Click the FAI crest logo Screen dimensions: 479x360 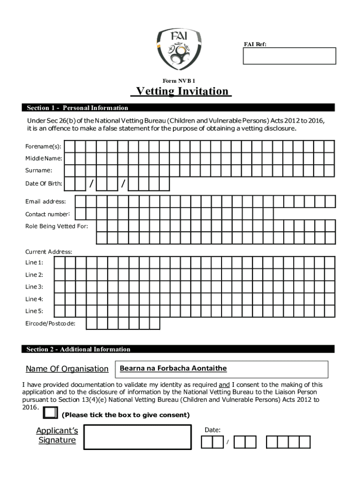point(180,49)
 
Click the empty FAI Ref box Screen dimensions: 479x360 point(289,56)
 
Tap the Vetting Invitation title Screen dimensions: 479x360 point(182,91)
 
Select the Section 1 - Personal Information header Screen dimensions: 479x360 point(77,108)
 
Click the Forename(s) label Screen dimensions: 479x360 point(43,146)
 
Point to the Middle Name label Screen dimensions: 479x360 point(43,159)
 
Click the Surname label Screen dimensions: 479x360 point(39,171)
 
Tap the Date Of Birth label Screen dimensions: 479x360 point(43,184)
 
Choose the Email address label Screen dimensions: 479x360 point(45,202)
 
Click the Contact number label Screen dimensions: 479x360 point(48,214)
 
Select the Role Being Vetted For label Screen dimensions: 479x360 point(57,226)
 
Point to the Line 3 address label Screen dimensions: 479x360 point(34,287)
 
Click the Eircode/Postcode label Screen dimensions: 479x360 point(50,323)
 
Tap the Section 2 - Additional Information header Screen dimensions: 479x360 point(79,349)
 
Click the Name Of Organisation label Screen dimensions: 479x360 point(67,369)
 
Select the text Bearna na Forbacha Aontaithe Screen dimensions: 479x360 point(173,369)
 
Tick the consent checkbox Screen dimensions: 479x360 point(50,413)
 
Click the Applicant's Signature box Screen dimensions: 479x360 point(137,437)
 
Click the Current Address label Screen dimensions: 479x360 point(49,252)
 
